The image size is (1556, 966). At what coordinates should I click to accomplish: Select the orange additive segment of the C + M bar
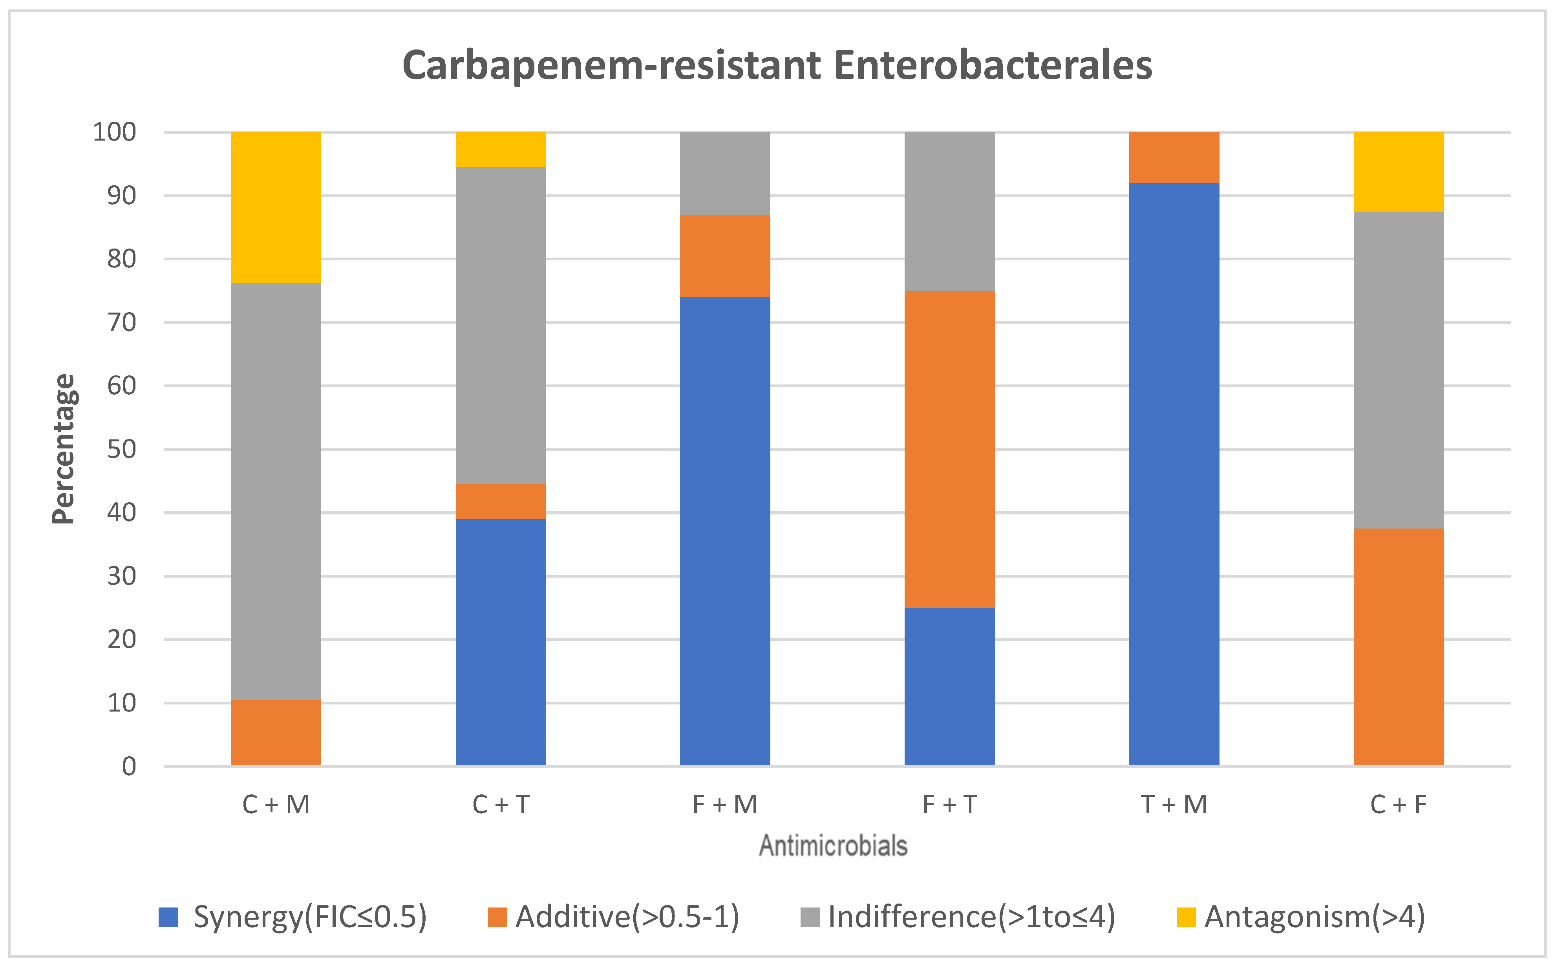click(x=276, y=732)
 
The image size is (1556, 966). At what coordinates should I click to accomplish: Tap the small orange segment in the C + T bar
click(x=500, y=501)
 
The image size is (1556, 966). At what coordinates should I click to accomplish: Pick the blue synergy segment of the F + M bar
click(x=725, y=530)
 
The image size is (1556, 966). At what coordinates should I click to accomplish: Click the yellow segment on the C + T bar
click(x=500, y=150)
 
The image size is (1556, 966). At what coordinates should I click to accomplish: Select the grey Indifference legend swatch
click(x=809, y=917)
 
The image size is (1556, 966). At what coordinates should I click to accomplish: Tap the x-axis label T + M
click(x=1174, y=804)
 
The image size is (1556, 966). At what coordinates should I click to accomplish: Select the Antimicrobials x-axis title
click(x=833, y=845)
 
